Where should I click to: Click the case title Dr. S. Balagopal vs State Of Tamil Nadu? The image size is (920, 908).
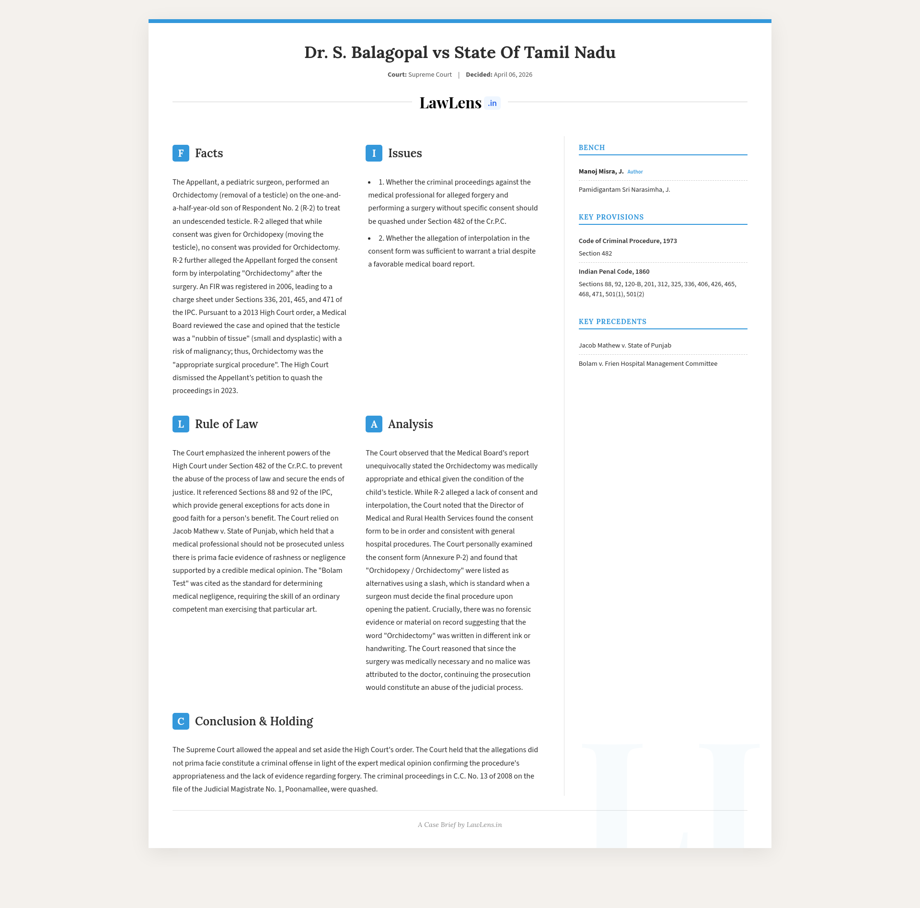(460, 52)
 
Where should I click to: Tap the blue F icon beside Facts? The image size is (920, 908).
(181, 153)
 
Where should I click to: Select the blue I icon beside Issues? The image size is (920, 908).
(374, 153)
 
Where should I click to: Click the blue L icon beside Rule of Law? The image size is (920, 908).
(181, 424)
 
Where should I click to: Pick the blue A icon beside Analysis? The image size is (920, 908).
(374, 424)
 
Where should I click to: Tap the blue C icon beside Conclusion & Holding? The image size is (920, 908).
(181, 722)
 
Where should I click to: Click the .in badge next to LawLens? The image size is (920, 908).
(492, 103)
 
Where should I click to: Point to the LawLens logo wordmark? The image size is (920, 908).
(450, 103)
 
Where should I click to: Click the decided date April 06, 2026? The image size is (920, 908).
(513, 75)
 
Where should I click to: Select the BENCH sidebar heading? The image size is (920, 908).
(592, 148)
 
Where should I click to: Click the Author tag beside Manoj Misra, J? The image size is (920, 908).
(635, 172)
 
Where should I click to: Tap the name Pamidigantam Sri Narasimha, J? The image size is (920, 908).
(624, 190)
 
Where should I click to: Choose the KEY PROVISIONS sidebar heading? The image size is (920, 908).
(611, 217)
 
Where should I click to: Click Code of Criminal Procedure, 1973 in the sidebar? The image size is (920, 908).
(628, 241)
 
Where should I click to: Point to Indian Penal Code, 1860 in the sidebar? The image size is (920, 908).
(614, 272)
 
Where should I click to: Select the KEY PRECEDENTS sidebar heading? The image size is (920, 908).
(612, 322)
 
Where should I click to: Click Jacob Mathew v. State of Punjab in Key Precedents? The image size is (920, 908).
(625, 346)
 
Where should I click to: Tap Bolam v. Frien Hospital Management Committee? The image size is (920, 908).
(648, 364)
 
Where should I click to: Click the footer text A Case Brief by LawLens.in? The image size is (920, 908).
(460, 825)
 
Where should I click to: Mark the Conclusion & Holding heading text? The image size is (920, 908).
(254, 722)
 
